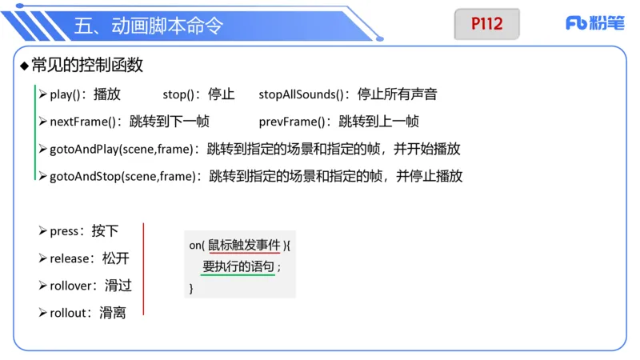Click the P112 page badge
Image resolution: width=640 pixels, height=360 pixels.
[486, 24]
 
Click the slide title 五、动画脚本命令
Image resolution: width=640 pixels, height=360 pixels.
[148, 26]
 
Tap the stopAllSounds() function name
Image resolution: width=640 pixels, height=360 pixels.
[301, 94]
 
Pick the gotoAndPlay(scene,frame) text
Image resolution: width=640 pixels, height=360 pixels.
[123, 150]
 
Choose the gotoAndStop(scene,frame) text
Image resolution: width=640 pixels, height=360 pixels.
[124, 177]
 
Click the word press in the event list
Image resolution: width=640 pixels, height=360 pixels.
[64, 231]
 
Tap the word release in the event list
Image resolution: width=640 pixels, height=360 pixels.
[70, 258]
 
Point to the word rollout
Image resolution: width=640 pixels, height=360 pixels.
[68, 313]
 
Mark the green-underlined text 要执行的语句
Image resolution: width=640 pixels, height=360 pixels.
[238, 266]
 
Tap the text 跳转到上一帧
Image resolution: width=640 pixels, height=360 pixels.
[378, 122]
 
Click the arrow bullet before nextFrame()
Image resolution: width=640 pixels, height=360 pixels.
[42, 122]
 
